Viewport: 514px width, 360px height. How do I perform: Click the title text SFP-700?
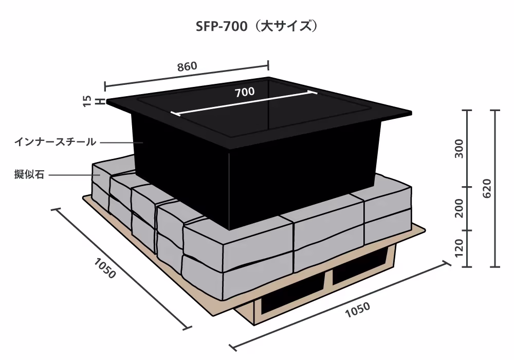(x=222, y=27)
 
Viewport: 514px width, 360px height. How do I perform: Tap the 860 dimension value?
(x=187, y=66)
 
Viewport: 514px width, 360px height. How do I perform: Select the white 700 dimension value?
(x=245, y=92)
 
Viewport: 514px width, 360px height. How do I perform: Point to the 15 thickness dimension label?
(x=87, y=101)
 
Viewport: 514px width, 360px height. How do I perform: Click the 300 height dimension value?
(x=460, y=149)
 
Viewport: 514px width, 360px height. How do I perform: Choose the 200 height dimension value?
(x=460, y=208)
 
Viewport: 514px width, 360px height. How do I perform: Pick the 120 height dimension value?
(x=460, y=248)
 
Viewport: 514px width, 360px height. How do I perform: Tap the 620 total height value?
(x=487, y=189)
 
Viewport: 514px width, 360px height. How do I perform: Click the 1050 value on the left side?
(x=105, y=268)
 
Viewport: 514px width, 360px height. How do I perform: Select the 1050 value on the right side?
(x=358, y=310)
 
